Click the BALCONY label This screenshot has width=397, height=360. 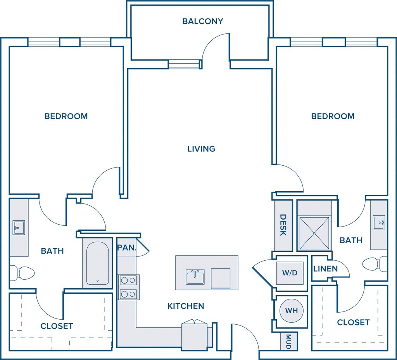pos(203,21)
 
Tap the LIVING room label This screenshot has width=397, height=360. pos(201,149)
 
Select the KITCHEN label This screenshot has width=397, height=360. pos(186,306)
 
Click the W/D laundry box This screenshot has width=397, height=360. pos(290,273)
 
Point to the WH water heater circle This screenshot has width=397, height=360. pos(291,311)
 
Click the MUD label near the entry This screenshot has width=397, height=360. pos(288,341)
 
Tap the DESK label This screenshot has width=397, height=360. pos(283,225)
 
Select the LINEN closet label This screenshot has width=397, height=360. pos(325,268)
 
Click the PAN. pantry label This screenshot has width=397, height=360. pos(126,247)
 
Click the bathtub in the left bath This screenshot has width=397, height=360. pos(97,263)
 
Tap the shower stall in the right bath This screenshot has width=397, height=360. pos(314,233)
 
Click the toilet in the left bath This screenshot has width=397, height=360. pos(21,273)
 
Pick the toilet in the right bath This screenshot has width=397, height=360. pos(374,265)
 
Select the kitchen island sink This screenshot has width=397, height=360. pos(195,277)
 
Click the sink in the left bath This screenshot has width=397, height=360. pos(18,227)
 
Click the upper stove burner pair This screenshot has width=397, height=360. pos(129,280)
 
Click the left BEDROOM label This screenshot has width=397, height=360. pos(66,116)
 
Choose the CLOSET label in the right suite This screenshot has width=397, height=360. pos(353,322)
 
